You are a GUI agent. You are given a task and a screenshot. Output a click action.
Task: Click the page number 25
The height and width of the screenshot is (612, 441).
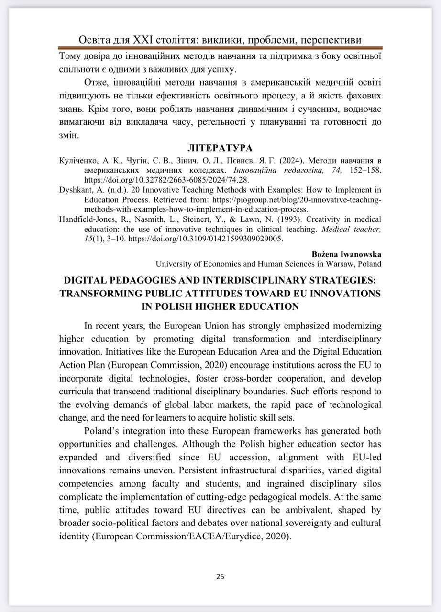220,576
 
